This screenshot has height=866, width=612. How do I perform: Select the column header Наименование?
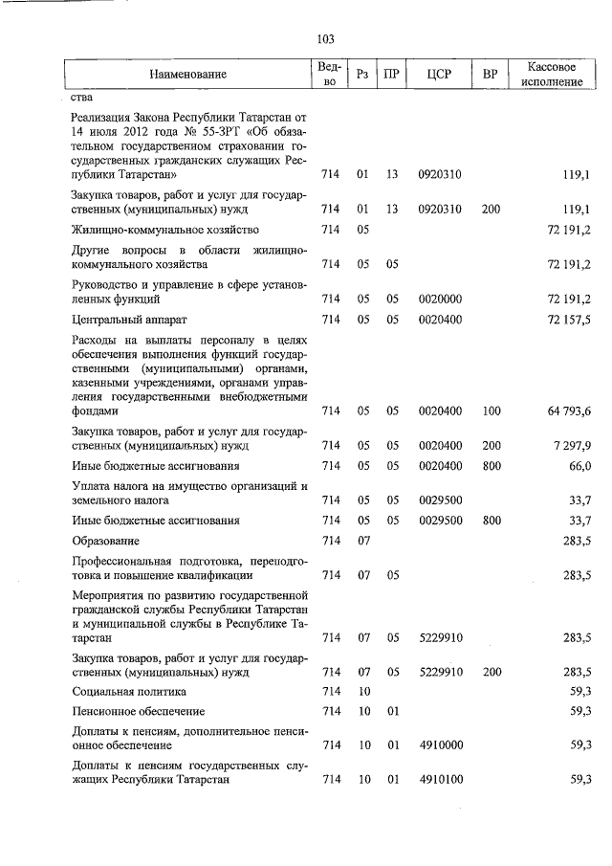187,75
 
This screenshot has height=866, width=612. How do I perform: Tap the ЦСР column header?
440,75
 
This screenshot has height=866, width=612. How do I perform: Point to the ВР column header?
491,75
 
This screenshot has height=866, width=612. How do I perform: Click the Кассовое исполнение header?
555,75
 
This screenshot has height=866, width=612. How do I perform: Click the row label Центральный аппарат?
120,319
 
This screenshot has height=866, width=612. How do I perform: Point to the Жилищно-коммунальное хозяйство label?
165,230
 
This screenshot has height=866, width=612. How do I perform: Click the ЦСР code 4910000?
440,745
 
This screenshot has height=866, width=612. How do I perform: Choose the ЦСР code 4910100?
440,780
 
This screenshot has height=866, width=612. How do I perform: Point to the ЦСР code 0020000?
440,299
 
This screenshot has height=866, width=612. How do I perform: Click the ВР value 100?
492,411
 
